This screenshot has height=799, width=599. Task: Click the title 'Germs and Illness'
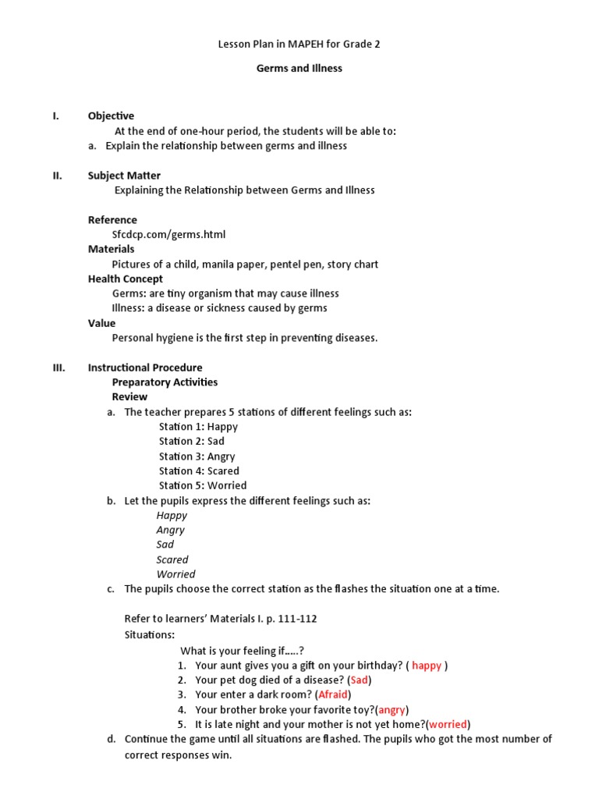click(x=299, y=69)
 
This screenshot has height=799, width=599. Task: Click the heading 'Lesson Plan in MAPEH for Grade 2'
click(x=299, y=44)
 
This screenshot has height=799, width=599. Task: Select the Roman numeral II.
click(x=57, y=176)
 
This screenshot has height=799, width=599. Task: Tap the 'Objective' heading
click(x=111, y=116)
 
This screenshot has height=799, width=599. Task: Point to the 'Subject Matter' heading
click(x=124, y=176)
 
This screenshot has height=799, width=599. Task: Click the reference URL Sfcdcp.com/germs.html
click(x=168, y=234)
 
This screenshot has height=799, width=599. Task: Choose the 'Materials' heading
click(x=111, y=249)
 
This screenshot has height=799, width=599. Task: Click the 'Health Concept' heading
click(x=126, y=279)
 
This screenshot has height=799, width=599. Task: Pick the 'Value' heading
click(x=101, y=323)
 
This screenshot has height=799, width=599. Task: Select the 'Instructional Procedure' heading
click(x=145, y=368)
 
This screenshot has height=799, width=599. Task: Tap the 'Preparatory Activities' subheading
click(x=165, y=382)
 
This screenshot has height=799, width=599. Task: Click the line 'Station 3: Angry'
click(x=197, y=456)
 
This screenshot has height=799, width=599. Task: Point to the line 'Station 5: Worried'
click(x=203, y=485)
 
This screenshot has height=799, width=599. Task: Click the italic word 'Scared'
click(x=172, y=559)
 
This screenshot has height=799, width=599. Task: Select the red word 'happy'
click(x=427, y=666)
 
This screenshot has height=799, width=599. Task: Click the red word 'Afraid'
click(x=333, y=694)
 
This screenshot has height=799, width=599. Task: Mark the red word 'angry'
click(x=392, y=709)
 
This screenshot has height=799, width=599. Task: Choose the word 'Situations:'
click(x=150, y=634)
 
